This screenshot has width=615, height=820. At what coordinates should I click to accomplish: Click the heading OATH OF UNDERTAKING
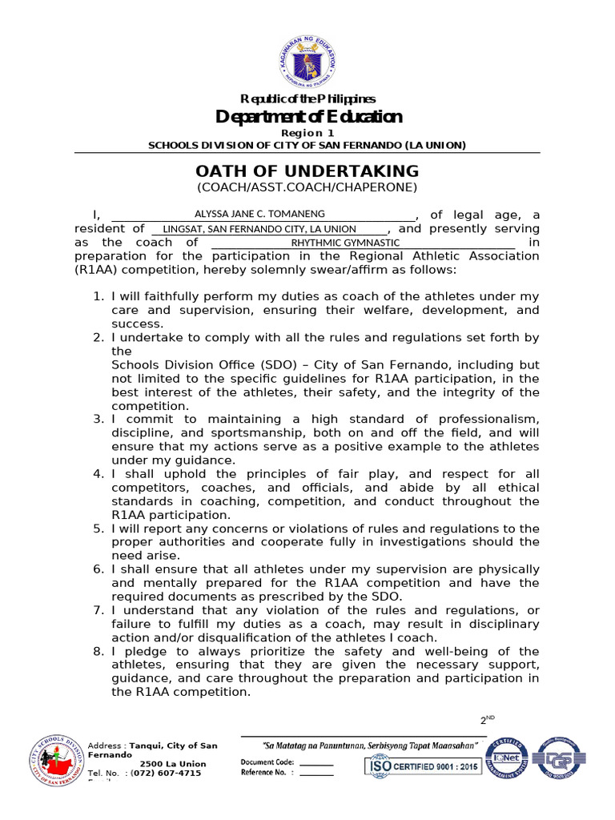pyautogui.click(x=307, y=171)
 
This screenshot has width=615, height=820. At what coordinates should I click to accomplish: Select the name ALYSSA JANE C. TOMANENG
pyautogui.click(x=260, y=215)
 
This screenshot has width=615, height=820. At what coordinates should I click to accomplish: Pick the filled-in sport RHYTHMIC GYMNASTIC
pyautogui.click(x=345, y=243)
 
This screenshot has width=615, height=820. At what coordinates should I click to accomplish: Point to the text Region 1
pyautogui.click(x=307, y=133)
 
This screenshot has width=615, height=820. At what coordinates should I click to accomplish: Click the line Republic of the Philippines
pyautogui.click(x=307, y=99)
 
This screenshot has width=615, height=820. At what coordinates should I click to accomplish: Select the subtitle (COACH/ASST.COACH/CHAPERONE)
pyautogui.click(x=307, y=187)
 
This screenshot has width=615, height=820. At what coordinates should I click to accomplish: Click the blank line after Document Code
pyautogui.click(x=316, y=762)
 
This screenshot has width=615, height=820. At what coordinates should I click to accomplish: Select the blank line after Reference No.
pyautogui.click(x=316, y=773)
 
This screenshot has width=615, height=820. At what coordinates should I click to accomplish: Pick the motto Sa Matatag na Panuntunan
pyautogui.click(x=365, y=746)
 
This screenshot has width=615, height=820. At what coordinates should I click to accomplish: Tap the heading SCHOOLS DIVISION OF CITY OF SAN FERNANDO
pyautogui.click(x=307, y=145)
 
